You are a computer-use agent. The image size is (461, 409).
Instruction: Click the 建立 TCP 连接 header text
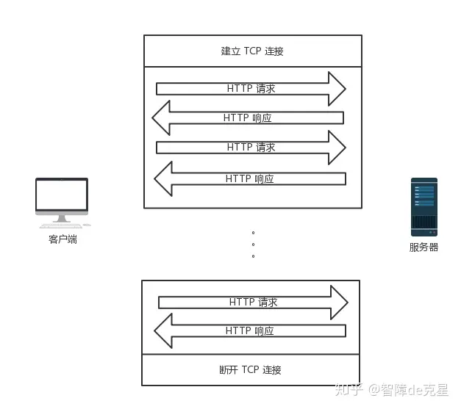252,51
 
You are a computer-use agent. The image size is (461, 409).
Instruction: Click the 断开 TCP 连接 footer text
251,369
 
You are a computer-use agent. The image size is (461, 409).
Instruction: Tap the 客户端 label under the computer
62,239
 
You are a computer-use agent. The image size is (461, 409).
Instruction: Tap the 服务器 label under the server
424,247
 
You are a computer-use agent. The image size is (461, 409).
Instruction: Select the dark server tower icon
424,206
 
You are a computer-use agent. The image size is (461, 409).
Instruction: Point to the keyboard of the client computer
60,225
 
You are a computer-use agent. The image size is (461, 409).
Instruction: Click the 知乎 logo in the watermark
349,389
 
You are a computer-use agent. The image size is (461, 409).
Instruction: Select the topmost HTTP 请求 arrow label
251,89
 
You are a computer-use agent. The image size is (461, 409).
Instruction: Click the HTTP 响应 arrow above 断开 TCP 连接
249,331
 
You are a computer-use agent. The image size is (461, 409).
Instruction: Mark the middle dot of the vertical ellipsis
253,245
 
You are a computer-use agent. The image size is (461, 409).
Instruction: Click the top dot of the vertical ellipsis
253,232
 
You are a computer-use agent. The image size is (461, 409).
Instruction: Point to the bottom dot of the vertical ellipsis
253,256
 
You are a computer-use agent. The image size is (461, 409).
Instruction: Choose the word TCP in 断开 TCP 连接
251,369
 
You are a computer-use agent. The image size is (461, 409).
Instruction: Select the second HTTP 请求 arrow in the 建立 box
251,147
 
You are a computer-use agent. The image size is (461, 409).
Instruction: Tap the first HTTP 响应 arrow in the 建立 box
248,118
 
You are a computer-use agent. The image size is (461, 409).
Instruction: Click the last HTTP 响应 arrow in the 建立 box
249,178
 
